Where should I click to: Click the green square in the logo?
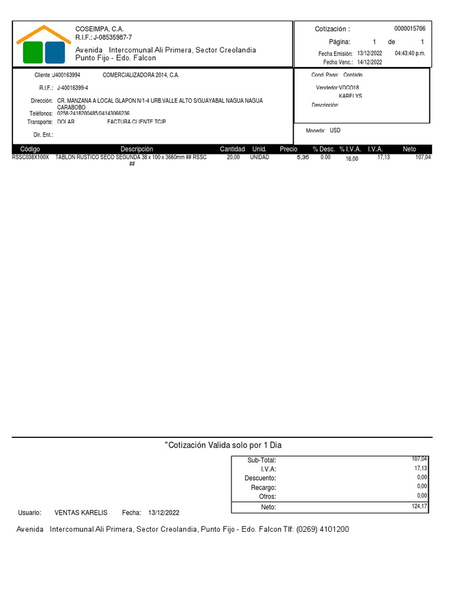33,52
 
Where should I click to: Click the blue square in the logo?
55,52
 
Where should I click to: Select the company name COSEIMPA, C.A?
99,29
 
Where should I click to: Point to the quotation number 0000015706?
409,29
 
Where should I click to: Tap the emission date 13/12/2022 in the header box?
369,53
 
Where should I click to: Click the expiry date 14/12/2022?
369,62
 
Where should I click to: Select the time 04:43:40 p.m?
410,53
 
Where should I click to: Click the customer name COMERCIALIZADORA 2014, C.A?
141,75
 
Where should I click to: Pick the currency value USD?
335,130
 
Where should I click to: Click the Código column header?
30,149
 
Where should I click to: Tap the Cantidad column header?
232,149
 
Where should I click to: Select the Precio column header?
288,149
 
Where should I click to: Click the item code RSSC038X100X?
31,157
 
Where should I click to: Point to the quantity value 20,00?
233,157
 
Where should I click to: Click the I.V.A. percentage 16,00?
352,158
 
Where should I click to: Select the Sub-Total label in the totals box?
261,461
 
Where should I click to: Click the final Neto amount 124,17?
419,505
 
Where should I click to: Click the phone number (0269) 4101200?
322,529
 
